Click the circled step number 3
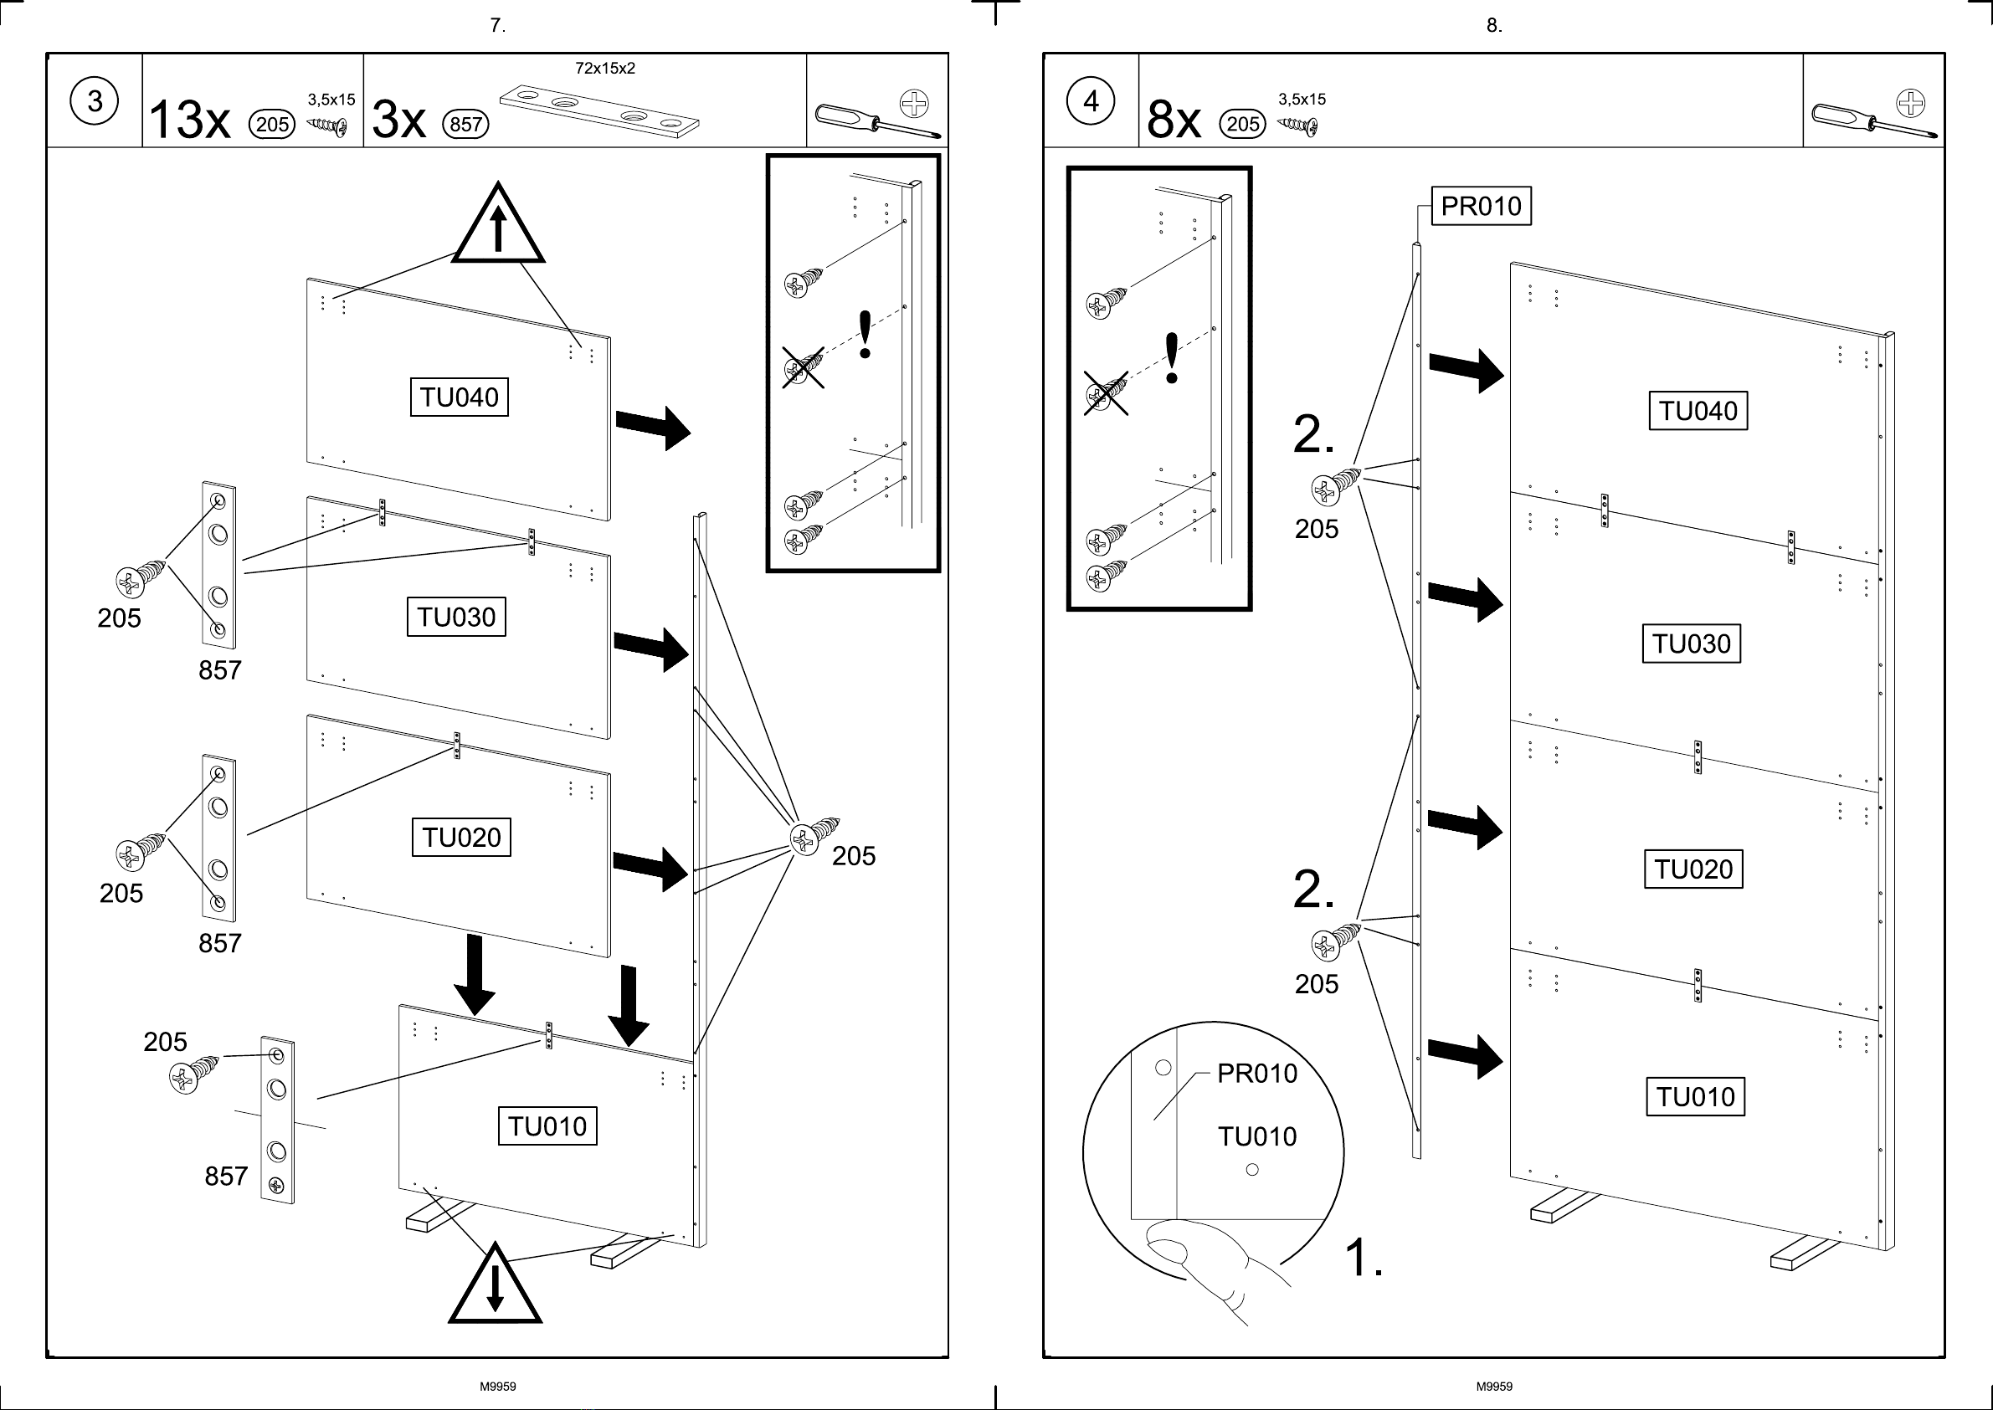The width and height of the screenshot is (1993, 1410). (94, 100)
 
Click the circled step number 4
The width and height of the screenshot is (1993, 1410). (1091, 100)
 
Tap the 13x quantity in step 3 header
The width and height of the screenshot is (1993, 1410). (190, 119)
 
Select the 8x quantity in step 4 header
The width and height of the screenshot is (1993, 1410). (1174, 119)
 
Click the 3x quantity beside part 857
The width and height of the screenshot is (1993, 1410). (399, 119)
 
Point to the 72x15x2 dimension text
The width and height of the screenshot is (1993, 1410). (605, 69)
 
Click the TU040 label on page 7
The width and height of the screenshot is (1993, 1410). (460, 397)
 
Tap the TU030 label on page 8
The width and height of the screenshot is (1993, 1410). (1692, 643)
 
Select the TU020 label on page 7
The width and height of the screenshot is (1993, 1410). (461, 837)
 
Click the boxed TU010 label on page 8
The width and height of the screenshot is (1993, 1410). (1695, 1096)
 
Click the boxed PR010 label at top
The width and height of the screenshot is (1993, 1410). (1481, 206)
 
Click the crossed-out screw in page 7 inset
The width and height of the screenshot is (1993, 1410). (804, 367)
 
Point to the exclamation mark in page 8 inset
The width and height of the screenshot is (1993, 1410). (1172, 357)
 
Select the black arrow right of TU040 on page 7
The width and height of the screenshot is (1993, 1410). (653, 428)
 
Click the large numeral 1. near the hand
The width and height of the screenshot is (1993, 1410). (1364, 1257)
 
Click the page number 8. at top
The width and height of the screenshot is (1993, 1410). (1493, 25)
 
